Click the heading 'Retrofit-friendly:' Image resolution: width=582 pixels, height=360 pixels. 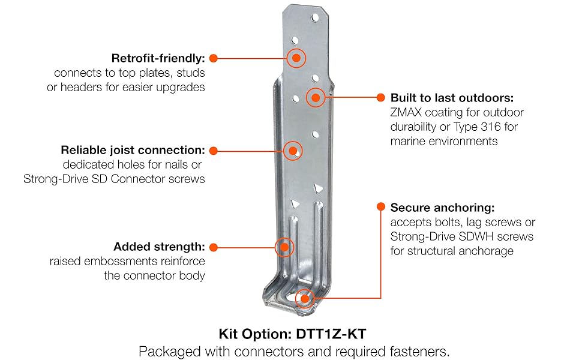point(158,58)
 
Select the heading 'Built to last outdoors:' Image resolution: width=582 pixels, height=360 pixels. point(452,98)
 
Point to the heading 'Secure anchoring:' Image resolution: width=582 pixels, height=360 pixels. point(442,208)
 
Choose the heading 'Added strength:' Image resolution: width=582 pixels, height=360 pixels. point(159,247)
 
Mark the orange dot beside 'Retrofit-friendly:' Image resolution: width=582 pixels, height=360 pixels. point(213,58)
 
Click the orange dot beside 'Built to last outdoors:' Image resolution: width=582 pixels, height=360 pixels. point(380,97)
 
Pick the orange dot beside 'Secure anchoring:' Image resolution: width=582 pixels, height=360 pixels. point(380,207)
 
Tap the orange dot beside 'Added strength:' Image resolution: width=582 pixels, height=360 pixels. point(213,247)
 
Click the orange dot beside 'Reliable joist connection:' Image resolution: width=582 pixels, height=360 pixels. point(213,150)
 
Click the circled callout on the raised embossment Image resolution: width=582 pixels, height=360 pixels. point(284,247)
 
